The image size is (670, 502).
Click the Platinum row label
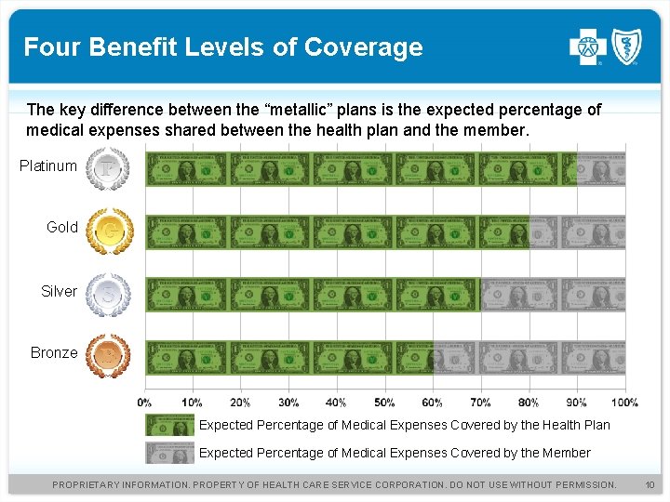(48, 166)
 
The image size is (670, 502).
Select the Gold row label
(62, 228)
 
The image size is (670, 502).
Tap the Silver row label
(59, 292)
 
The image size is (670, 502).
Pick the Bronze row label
(54, 353)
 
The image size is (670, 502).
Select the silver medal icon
(108, 294)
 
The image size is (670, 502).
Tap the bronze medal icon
(108, 355)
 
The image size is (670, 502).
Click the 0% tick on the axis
(145, 403)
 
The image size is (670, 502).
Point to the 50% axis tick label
(384, 403)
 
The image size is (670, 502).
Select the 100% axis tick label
(624, 403)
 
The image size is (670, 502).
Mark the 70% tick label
(480, 403)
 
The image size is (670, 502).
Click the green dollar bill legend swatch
(169, 426)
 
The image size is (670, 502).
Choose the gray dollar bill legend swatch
(169, 453)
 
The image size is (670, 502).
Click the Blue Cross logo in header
(587, 46)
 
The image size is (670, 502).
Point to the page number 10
(650, 485)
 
